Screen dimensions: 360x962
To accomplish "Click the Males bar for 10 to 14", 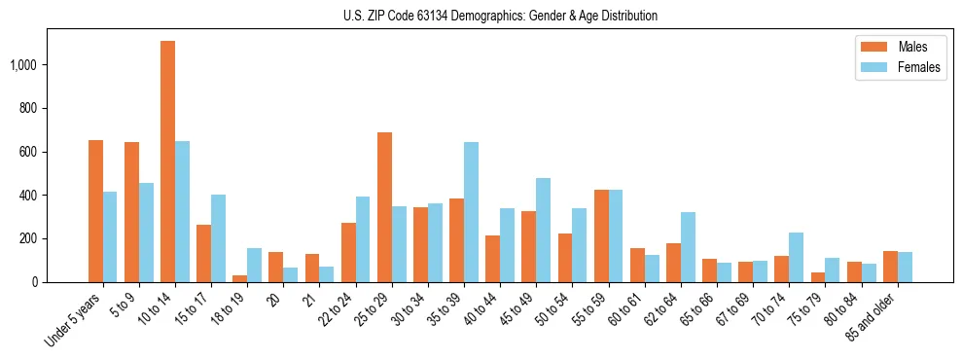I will [x=167, y=162].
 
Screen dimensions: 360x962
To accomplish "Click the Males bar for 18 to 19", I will [x=240, y=278].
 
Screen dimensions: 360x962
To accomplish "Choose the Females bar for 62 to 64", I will [x=688, y=247].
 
